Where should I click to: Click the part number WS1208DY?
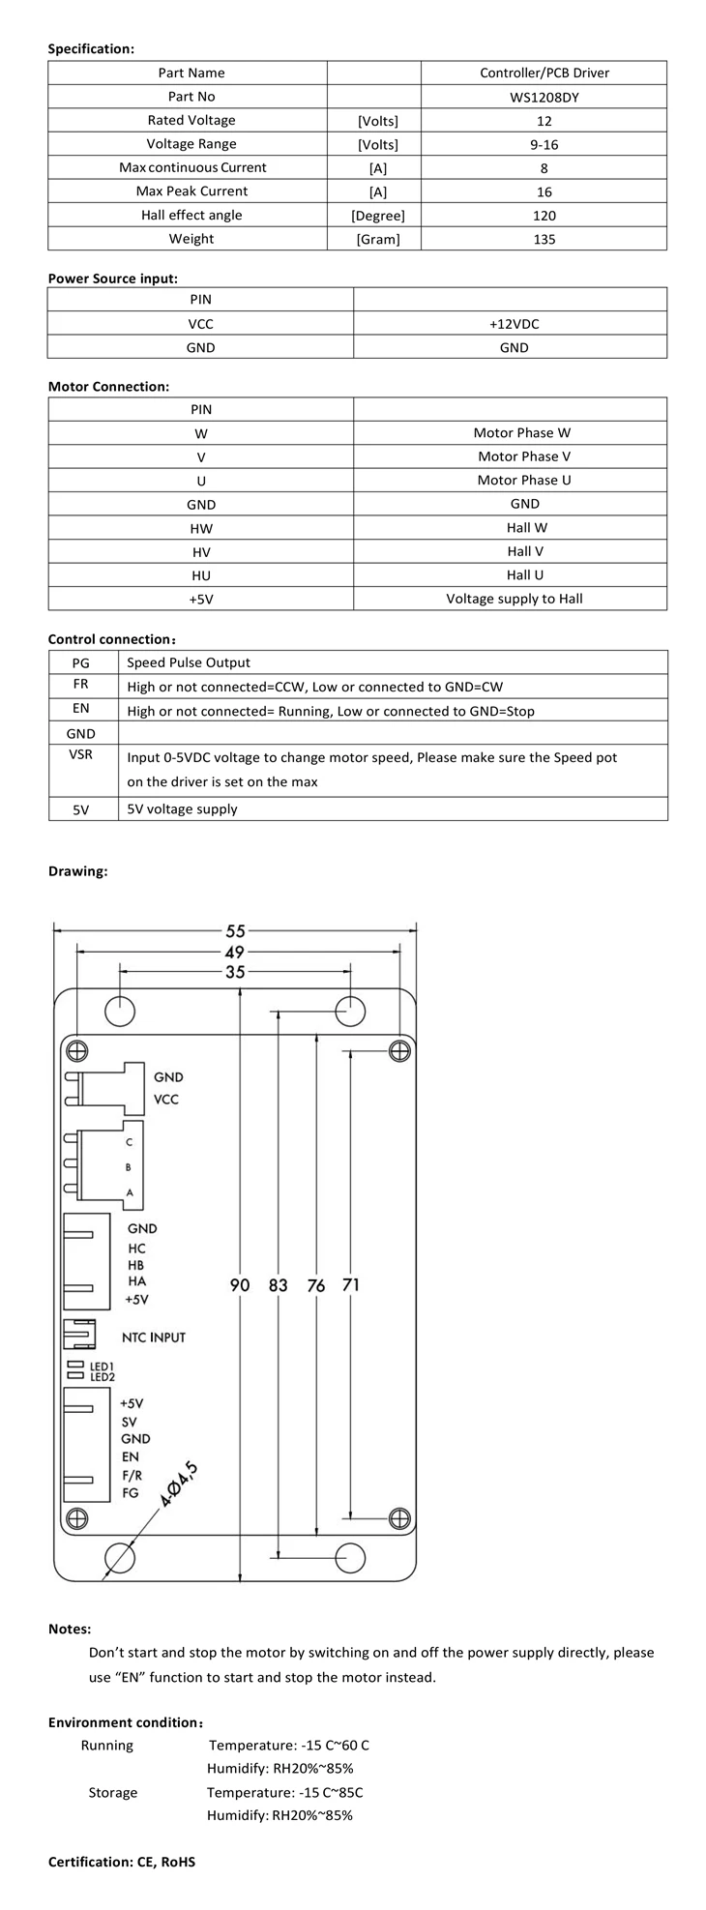click(x=544, y=97)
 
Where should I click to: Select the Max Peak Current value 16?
click(x=544, y=191)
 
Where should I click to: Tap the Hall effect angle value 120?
click(x=544, y=216)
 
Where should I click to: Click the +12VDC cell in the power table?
click(x=514, y=324)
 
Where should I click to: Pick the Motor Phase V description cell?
click(x=523, y=456)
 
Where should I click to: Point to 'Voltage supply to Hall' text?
click(x=514, y=599)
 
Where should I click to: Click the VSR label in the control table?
click(x=81, y=754)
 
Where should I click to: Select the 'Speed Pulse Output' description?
click(x=189, y=662)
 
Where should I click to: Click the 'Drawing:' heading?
click(x=78, y=871)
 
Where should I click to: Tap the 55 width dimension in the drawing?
click(x=235, y=931)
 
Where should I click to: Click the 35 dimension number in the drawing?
click(x=235, y=972)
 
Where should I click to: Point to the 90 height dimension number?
click(x=240, y=1285)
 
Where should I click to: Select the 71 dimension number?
click(x=350, y=1285)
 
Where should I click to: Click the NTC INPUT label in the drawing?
click(x=153, y=1337)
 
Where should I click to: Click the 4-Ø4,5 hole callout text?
click(x=179, y=1486)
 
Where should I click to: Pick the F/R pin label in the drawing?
click(x=132, y=1475)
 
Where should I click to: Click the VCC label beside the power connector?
click(x=166, y=1100)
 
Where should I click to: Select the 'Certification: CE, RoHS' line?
click(x=122, y=1862)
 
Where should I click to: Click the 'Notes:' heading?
click(x=70, y=1630)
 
